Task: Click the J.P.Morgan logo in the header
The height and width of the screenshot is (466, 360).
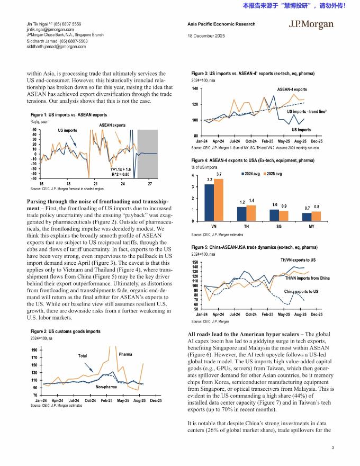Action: [311, 24]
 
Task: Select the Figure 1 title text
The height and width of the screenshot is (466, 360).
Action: [69, 114]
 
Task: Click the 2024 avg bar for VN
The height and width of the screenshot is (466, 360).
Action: [210, 202]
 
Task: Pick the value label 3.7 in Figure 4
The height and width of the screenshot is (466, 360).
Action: [219, 174]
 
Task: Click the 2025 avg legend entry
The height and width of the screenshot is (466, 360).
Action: [272, 174]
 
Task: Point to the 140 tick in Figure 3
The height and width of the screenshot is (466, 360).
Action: [195, 88]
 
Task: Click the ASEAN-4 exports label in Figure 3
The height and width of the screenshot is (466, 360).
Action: [292, 89]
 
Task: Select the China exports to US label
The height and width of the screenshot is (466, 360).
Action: [301, 292]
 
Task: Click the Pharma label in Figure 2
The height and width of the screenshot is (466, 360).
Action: [125, 354]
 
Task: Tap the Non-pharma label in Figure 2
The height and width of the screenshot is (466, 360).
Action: [106, 387]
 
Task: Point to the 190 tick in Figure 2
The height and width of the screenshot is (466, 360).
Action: [34, 351]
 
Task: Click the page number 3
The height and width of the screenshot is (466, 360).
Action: [332, 448]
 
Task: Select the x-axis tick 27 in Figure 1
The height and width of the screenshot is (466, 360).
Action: [150, 183]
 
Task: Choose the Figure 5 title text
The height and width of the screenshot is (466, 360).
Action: [254, 247]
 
